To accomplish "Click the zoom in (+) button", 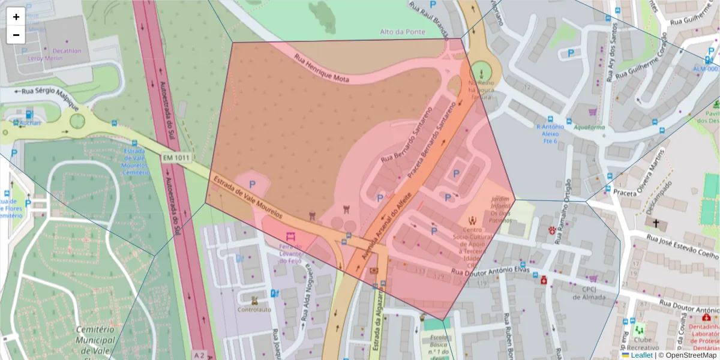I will [16, 17].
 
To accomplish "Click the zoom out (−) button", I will [16, 35].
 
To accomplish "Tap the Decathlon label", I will [66, 51].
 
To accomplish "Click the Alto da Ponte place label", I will [402, 32].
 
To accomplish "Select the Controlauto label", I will [254, 310].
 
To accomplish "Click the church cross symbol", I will [656, 223].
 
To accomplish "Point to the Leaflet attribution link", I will [641, 355].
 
